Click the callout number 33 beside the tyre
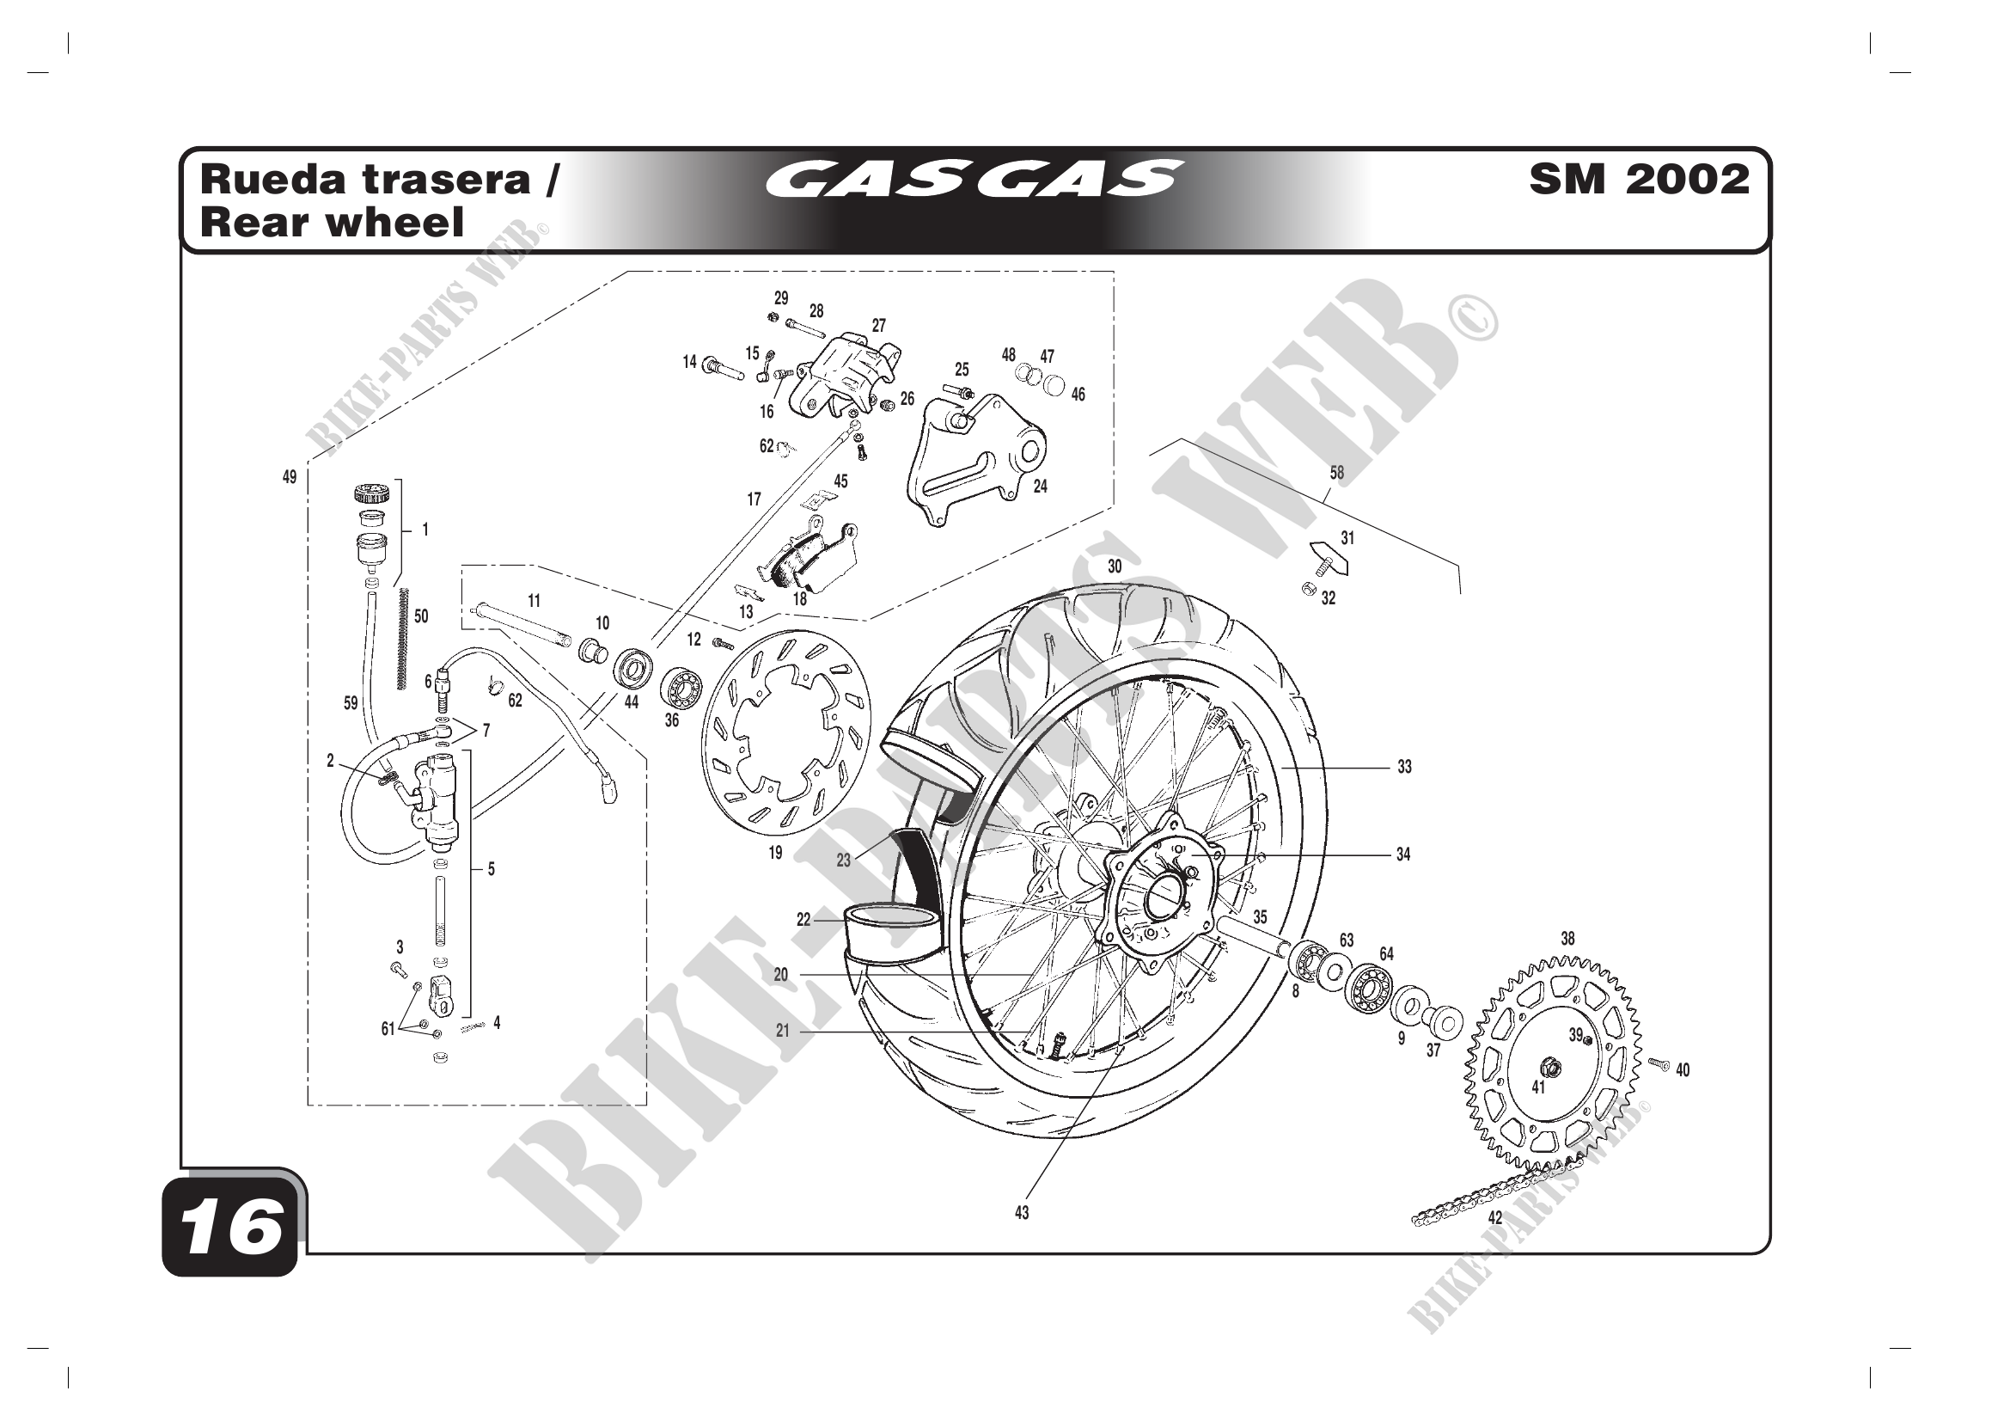pos(1404,767)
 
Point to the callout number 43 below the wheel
pos(1022,1213)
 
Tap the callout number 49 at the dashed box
pos(290,477)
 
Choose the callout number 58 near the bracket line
pos(1337,473)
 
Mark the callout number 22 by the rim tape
pos(803,919)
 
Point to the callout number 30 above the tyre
pos(1115,567)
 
